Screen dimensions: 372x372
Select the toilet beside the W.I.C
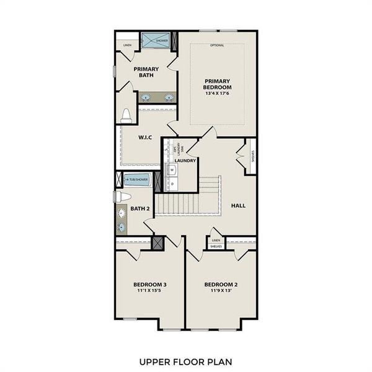click(126, 115)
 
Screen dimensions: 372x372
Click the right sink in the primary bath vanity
click(168, 97)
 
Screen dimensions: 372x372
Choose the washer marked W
click(172, 169)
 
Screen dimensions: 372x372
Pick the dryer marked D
click(172, 184)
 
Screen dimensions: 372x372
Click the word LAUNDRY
click(185, 161)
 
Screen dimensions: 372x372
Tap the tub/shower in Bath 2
click(138, 180)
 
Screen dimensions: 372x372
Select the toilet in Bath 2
click(123, 197)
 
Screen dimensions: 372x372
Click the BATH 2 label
click(139, 209)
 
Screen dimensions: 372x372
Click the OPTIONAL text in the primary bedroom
click(217, 45)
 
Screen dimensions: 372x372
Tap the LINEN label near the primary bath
click(127, 45)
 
